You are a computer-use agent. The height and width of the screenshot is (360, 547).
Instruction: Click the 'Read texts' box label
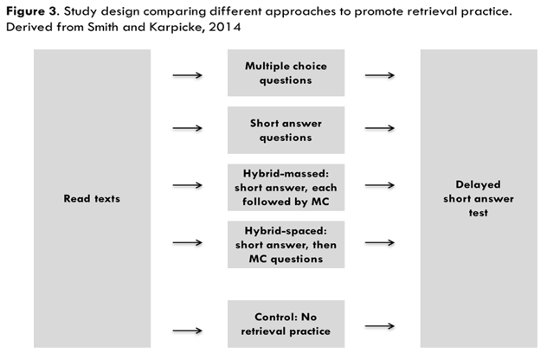coord(91,198)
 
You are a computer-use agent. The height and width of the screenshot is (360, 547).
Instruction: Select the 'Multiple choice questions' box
coord(286,73)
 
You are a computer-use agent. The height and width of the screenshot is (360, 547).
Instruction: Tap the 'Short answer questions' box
coord(286,129)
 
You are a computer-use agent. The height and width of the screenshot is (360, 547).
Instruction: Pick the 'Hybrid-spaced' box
coord(286,244)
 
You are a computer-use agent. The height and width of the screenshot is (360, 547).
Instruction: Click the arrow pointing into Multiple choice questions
coord(188,74)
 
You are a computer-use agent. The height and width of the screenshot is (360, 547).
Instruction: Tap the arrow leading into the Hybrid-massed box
coord(188,185)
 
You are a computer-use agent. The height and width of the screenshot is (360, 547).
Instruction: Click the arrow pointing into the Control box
coord(188,329)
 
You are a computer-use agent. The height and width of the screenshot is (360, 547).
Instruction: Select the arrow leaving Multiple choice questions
coord(380,74)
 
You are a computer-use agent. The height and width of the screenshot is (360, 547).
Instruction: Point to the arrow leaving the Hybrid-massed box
coord(380,185)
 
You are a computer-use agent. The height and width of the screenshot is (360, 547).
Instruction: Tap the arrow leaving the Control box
coord(380,326)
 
